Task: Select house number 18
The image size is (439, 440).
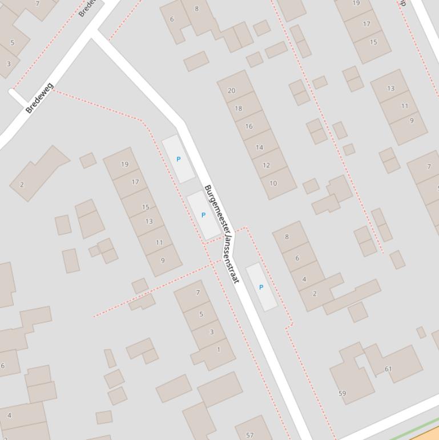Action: pos(239,108)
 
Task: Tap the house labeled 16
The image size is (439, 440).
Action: pos(249,126)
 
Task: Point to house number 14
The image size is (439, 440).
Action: pos(259,147)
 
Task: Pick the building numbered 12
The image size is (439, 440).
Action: pos(267,165)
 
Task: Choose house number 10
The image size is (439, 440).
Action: pos(273,183)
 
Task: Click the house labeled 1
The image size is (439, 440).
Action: pos(218,350)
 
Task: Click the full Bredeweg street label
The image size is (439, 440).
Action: pos(40,98)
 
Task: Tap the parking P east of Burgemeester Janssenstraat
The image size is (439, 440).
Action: pos(261,287)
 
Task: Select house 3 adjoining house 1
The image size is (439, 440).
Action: pos(211,332)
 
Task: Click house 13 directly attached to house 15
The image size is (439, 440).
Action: pos(149,221)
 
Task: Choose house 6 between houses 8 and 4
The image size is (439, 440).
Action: pos(297,258)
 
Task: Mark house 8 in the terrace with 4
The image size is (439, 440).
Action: pos(287,237)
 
